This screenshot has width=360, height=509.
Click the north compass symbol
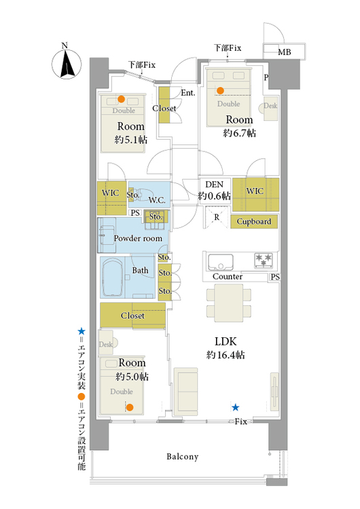click(67, 64)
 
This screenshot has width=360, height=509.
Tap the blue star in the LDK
click(235, 407)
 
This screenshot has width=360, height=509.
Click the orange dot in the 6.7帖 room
click(220, 90)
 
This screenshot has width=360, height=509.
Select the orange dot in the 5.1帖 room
click(121, 98)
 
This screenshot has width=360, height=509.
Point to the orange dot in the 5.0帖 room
click(130, 407)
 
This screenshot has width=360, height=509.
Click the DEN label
click(215, 185)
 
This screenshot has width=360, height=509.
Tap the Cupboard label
click(254, 221)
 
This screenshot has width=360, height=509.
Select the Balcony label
click(183, 457)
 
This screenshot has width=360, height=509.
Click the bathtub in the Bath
click(113, 277)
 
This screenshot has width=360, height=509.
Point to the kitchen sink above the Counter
click(221, 262)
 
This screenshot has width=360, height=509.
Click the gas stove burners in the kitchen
click(264, 261)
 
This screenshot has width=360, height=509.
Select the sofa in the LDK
click(185, 392)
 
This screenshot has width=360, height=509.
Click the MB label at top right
click(285, 52)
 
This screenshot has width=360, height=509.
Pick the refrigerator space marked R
click(217, 217)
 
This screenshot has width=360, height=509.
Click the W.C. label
click(157, 200)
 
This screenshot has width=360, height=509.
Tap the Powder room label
click(138, 238)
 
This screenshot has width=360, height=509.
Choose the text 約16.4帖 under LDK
click(226, 355)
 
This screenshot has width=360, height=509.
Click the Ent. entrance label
click(188, 93)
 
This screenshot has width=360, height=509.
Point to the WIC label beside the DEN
click(255, 191)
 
